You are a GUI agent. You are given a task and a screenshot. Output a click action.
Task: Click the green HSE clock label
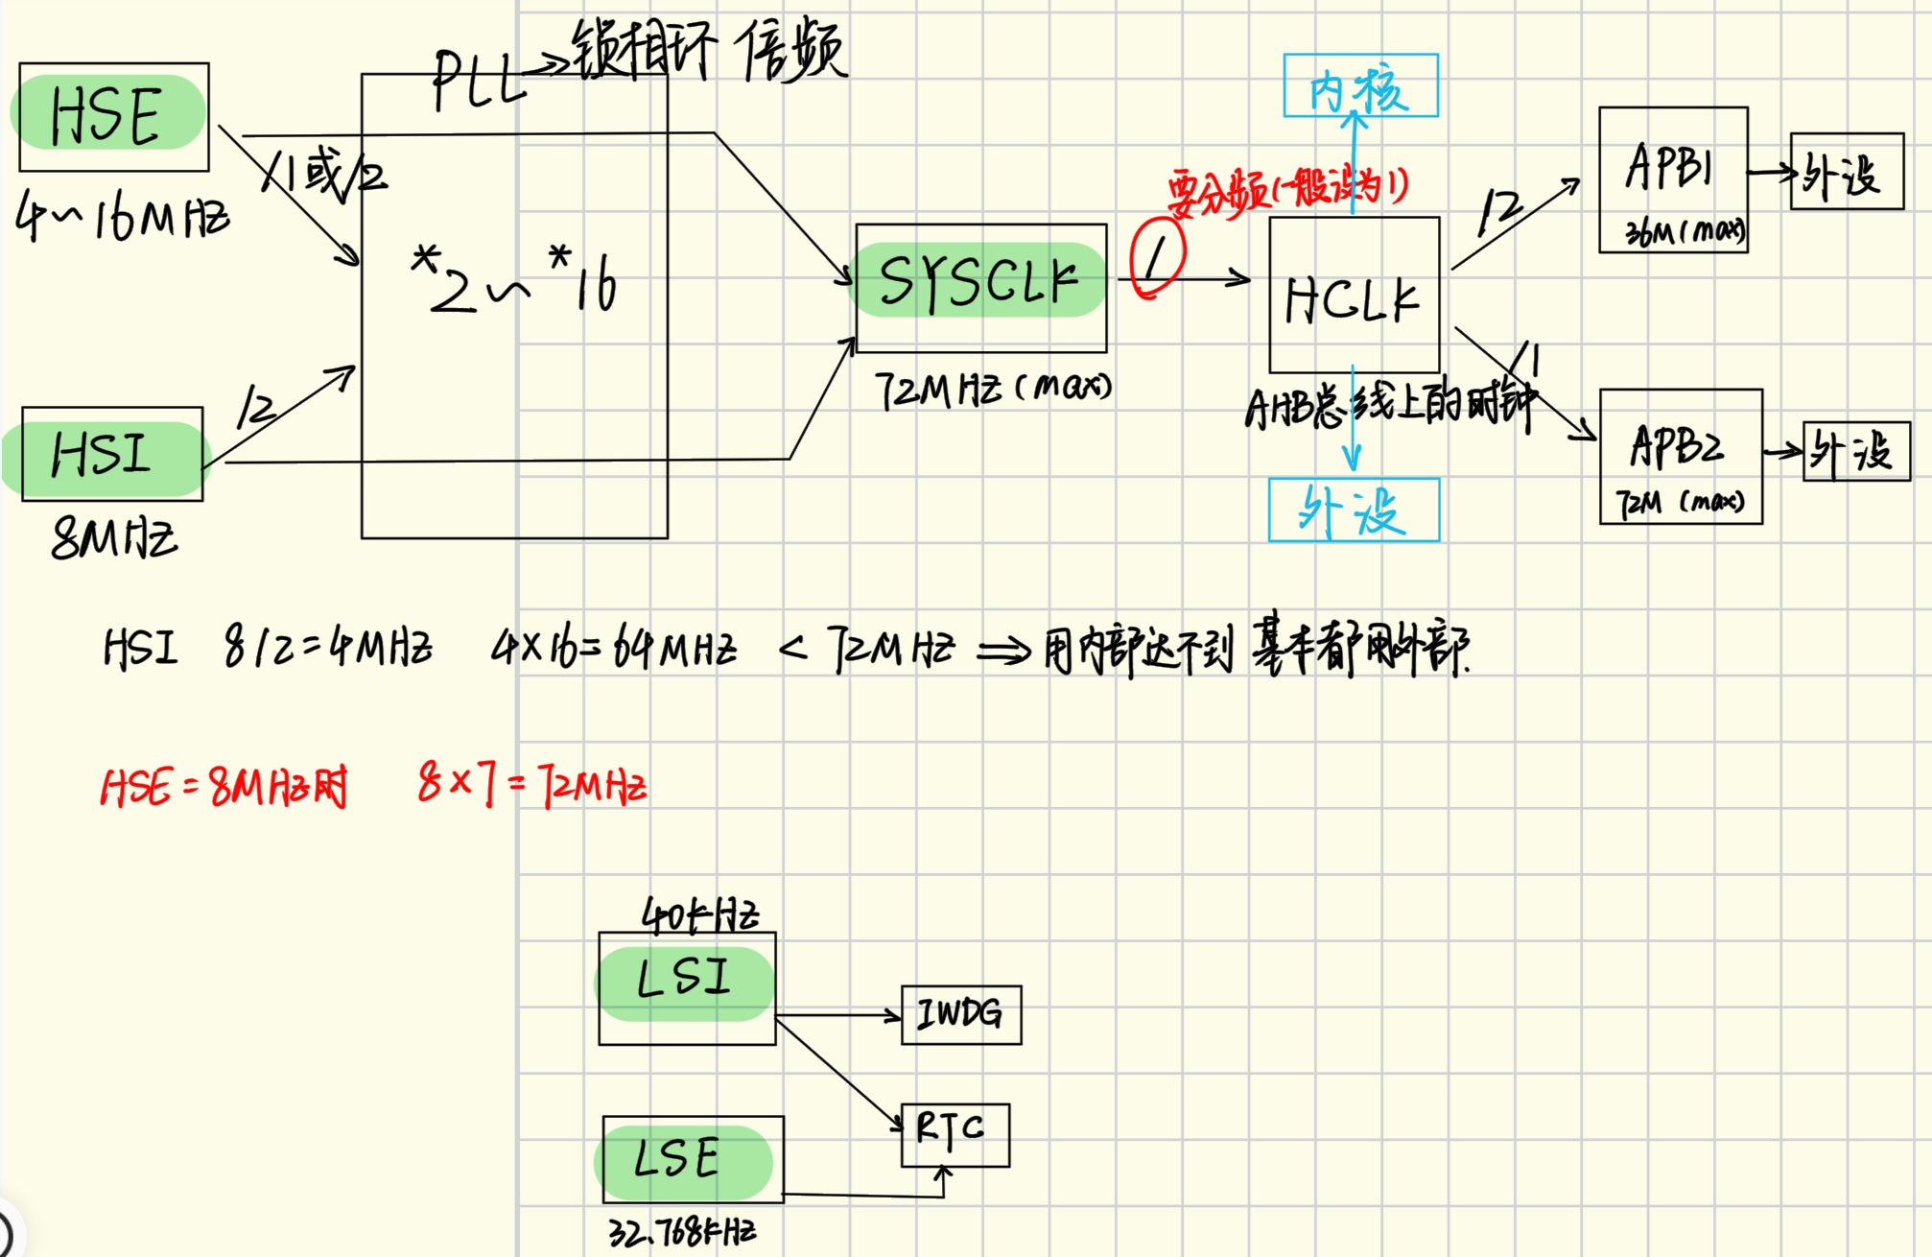click(107, 114)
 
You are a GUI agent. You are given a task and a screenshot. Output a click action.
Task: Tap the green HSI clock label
click(102, 454)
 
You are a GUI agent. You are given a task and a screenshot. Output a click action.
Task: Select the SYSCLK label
click(979, 281)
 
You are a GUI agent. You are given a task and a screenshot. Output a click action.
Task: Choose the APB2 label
click(1676, 446)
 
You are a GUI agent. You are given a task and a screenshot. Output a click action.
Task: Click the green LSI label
click(684, 979)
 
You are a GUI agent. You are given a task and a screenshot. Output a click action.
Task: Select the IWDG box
click(960, 1014)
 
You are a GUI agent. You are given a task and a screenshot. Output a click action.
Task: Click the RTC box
click(953, 1132)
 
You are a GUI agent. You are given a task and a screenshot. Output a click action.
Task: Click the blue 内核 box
click(1360, 87)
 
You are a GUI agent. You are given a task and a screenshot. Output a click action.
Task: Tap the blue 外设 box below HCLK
click(1354, 510)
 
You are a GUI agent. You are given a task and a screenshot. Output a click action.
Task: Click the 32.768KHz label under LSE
click(682, 1232)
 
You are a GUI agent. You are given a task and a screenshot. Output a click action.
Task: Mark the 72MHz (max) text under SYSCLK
click(993, 390)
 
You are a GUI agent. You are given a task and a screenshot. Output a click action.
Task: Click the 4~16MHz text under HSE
click(122, 217)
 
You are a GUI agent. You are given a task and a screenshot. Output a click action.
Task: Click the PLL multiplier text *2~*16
click(515, 280)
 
